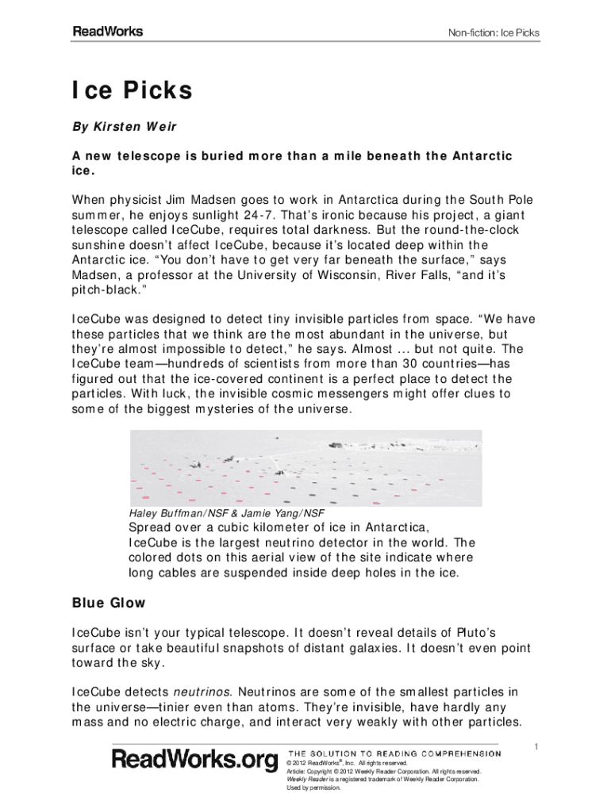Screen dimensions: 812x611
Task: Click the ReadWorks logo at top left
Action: [108, 32]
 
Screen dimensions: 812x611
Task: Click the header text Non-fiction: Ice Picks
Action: [494, 33]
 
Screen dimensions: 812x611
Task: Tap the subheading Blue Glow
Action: [109, 603]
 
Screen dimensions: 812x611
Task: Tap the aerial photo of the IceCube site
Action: [305, 468]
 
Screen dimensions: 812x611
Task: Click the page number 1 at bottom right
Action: [536, 745]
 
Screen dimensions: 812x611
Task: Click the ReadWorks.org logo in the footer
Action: [195, 760]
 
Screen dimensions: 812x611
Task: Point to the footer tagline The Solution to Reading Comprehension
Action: [394, 753]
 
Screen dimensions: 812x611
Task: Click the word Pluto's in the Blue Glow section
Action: [467, 632]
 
